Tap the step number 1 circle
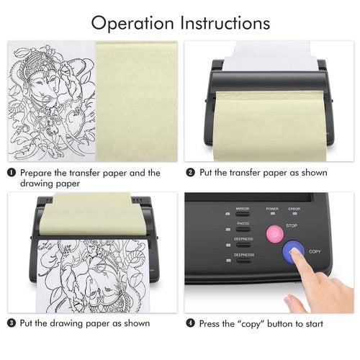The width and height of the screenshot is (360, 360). click(x=12, y=173)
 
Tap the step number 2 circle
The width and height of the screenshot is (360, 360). click(x=190, y=173)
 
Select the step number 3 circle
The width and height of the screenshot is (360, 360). click(x=12, y=323)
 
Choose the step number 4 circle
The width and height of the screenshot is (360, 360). click(x=190, y=323)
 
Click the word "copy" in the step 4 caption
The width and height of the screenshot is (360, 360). click(x=248, y=323)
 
